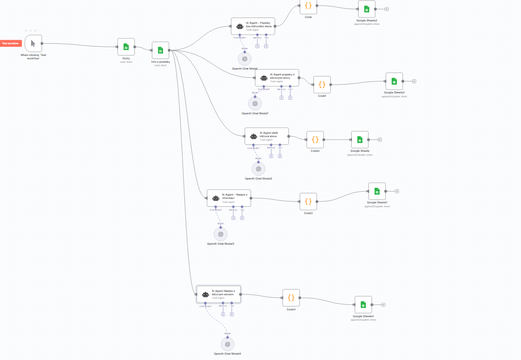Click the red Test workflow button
[x=11, y=43]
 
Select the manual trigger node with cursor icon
[x=33, y=43]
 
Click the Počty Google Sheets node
[x=126, y=47]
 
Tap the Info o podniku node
[x=160, y=50]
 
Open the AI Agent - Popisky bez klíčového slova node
[x=253, y=26]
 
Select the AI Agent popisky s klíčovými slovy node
[x=277, y=77]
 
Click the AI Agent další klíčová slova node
[x=267, y=136]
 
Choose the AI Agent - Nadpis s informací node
[x=229, y=198]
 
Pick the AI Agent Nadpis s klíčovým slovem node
[x=218, y=294]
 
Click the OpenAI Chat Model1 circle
[x=255, y=103]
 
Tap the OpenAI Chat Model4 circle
[x=227, y=344]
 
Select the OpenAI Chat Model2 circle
[x=258, y=169]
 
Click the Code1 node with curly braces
[x=322, y=85]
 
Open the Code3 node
[x=308, y=201]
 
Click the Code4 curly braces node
[x=291, y=298]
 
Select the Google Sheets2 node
[x=366, y=9]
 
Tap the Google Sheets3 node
[x=394, y=81]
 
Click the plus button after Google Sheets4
[x=383, y=305]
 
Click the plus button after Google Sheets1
[x=397, y=191]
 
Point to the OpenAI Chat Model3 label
[x=220, y=244]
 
